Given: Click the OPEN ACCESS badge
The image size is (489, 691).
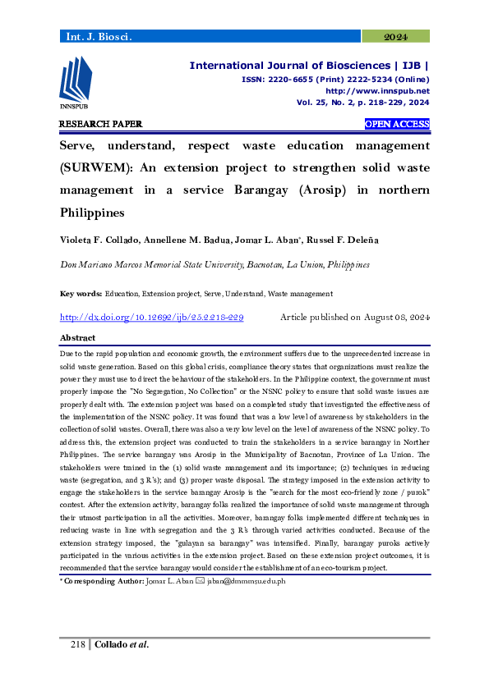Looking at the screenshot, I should (x=397, y=124).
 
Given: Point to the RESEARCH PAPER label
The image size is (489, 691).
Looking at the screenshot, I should (x=100, y=124).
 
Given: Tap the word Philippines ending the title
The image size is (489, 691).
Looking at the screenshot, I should (x=91, y=212).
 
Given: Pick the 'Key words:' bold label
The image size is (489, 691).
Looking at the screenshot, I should (x=81, y=293).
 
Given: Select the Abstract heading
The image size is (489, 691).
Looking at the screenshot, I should (x=77, y=338).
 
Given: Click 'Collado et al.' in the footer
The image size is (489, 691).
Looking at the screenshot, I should (x=122, y=667).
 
